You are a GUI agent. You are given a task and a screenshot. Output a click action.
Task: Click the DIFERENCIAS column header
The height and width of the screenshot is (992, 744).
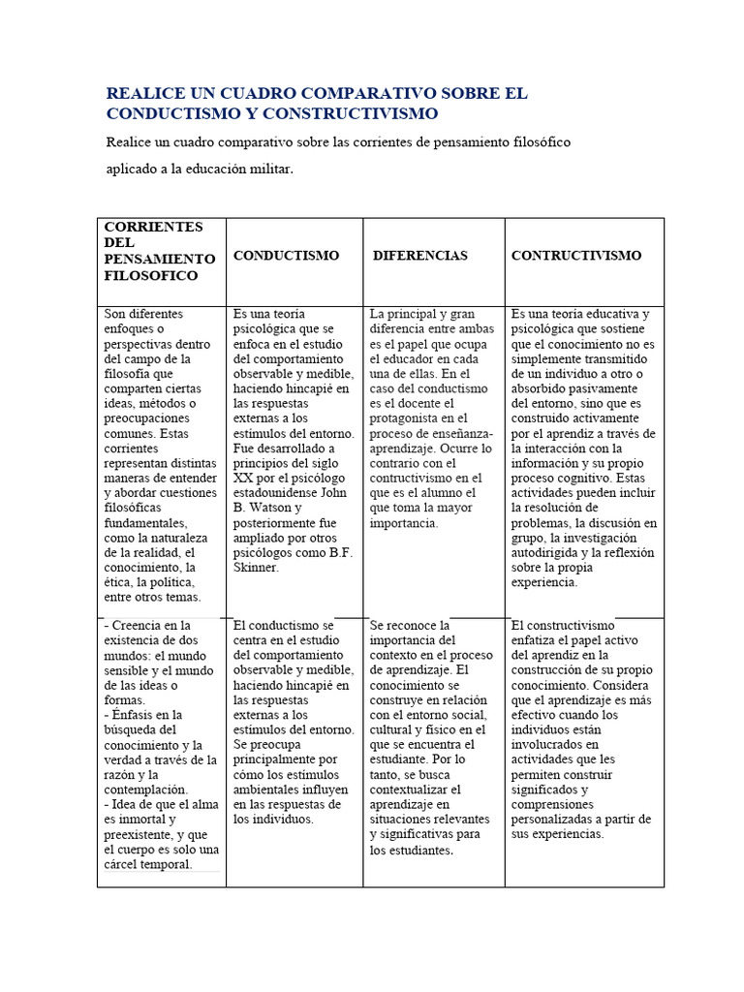(x=420, y=256)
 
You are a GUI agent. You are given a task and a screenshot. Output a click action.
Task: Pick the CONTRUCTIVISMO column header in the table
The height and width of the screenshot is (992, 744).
(x=575, y=256)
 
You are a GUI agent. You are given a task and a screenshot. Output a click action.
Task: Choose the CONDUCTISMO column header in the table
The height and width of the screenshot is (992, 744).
(x=286, y=256)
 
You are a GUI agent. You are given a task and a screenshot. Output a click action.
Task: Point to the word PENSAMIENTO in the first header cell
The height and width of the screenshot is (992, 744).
(x=159, y=260)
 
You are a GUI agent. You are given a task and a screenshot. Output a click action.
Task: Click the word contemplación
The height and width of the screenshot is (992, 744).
(x=144, y=790)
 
